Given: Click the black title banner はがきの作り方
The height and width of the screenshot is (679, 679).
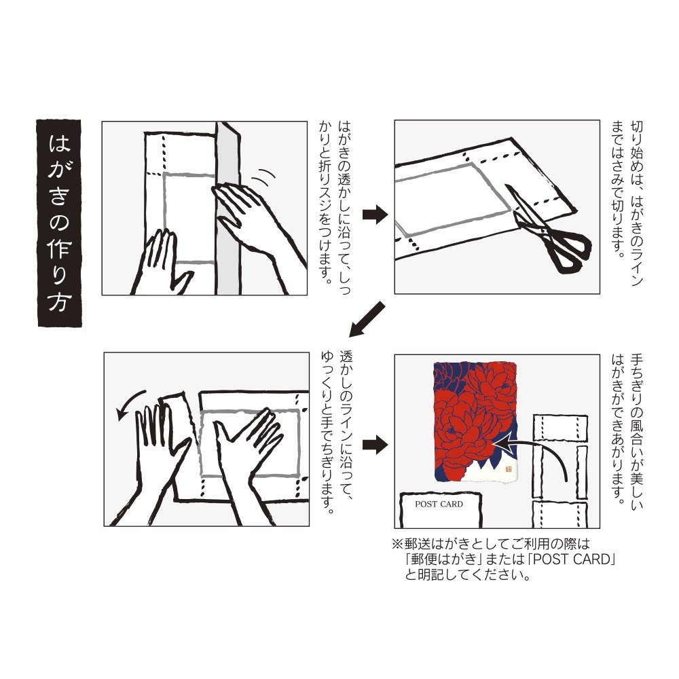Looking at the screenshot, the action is pyautogui.click(x=59, y=223).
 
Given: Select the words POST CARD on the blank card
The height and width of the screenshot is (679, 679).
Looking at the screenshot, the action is pyautogui.click(x=439, y=504).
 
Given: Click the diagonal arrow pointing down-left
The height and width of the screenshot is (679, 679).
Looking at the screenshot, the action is pyautogui.click(x=367, y=320).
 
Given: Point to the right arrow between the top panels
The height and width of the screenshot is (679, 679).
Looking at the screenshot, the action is pyautogui.click(x=375, y=215).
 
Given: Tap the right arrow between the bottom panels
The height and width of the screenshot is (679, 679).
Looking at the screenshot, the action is pyautogui.click(x=375, y=445).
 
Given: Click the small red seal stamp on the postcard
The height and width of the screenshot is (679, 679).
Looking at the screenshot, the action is pyautogui.click(x=509, y=469).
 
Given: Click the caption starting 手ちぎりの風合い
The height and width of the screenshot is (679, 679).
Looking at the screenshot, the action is pyautogui.click(x=627, y=432).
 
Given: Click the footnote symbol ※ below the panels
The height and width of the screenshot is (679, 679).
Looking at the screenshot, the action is pyautogui.click(x=397, y=544).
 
